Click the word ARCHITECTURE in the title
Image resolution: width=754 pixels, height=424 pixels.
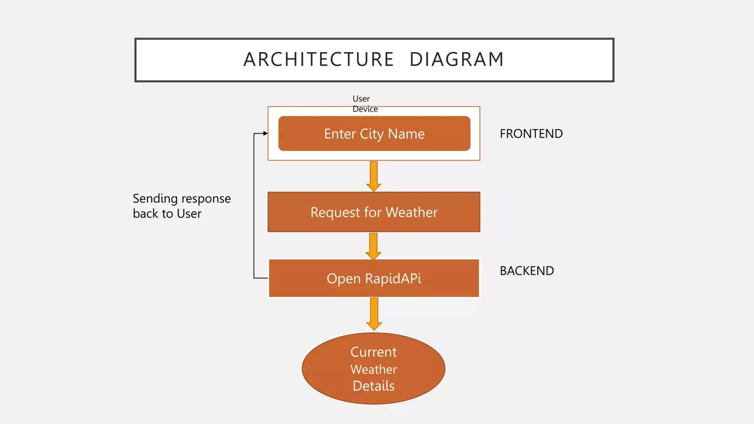coord(318,60)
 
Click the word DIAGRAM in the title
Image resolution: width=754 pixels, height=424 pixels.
coord(457,60)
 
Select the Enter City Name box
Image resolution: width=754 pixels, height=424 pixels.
coord(374,134)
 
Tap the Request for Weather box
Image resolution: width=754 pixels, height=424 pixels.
coord(374,212)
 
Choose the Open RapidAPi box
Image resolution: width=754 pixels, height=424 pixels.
coord(374,278)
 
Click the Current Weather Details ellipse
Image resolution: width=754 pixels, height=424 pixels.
coord(373,369)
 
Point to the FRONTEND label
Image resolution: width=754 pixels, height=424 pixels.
coord(531,134)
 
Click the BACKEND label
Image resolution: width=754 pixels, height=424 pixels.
coord(526,271)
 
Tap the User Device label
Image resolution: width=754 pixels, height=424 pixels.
coord(364,104)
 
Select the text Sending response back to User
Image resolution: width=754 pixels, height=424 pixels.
coord(182,206)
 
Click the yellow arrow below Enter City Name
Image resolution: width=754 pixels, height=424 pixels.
coord(374,176)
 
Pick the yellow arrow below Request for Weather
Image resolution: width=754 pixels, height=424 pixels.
coord(373,246)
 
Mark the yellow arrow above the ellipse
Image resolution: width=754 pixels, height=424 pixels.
coord(374,314)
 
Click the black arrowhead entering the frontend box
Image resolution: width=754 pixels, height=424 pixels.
coord(265,133)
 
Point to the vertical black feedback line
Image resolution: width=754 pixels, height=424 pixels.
coord(254,206)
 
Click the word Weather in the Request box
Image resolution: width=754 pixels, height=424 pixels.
coord(411,212)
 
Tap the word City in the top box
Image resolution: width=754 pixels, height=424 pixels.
coord(372,134)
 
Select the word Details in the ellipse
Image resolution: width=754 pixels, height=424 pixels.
coord(373,386)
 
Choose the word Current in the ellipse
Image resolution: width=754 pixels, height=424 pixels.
coord(373,352)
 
